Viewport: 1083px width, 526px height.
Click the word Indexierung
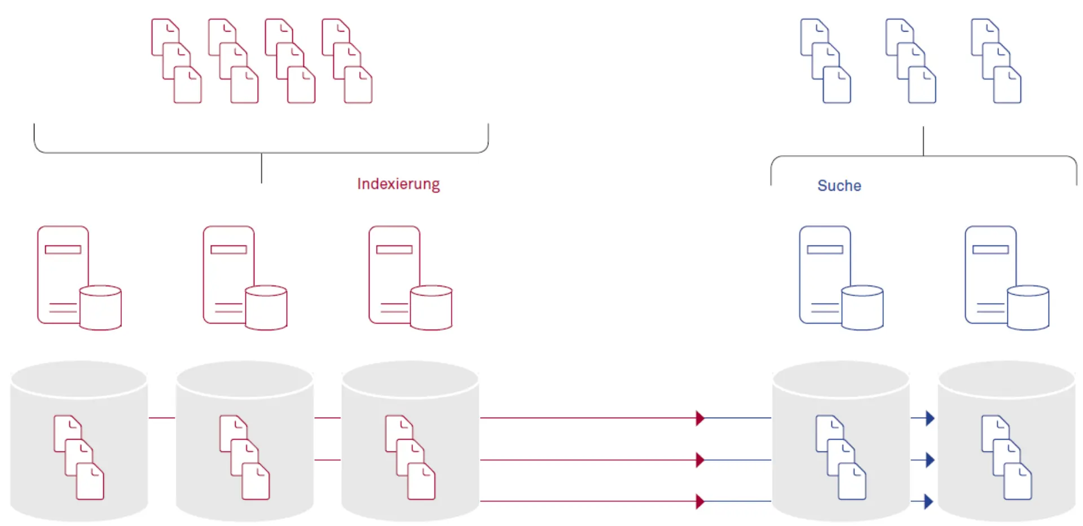(398, 184)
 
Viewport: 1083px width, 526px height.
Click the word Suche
(839, 186)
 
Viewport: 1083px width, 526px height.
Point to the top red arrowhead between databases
(700, 418)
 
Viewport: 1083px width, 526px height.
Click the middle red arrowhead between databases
(700, 460)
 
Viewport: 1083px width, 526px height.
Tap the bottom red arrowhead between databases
(700, 501)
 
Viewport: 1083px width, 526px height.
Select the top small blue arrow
(928, 418)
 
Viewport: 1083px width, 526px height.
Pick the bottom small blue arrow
(928, 501)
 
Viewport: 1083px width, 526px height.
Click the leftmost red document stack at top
(177, 61)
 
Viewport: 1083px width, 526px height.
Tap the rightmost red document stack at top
(347, 61)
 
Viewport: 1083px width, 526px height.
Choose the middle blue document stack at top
(910, 61)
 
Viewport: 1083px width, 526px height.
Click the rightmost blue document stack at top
(996, 61)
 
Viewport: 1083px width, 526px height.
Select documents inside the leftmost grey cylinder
(79, 458)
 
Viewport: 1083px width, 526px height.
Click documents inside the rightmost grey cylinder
(1006, 458)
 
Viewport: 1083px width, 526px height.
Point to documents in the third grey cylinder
(410, 458)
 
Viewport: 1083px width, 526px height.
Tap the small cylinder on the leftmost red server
(100, 308)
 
